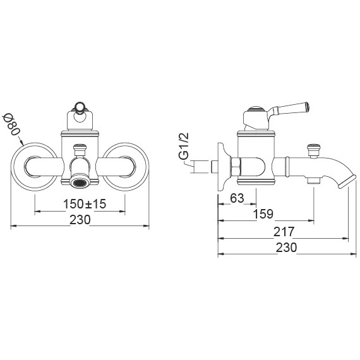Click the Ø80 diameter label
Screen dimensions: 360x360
(x=11, y=125)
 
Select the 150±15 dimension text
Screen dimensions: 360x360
(x=85, y=203)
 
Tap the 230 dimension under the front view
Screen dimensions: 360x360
(x=80, y=220)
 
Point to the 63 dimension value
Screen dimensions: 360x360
(x=237, y=198)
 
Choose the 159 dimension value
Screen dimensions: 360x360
(x=263, y=214)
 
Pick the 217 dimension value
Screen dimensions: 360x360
(x=284, y=231)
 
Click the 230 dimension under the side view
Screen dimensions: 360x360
(x=286, y=248)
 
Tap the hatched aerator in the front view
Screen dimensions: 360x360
(x=80, y=183)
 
